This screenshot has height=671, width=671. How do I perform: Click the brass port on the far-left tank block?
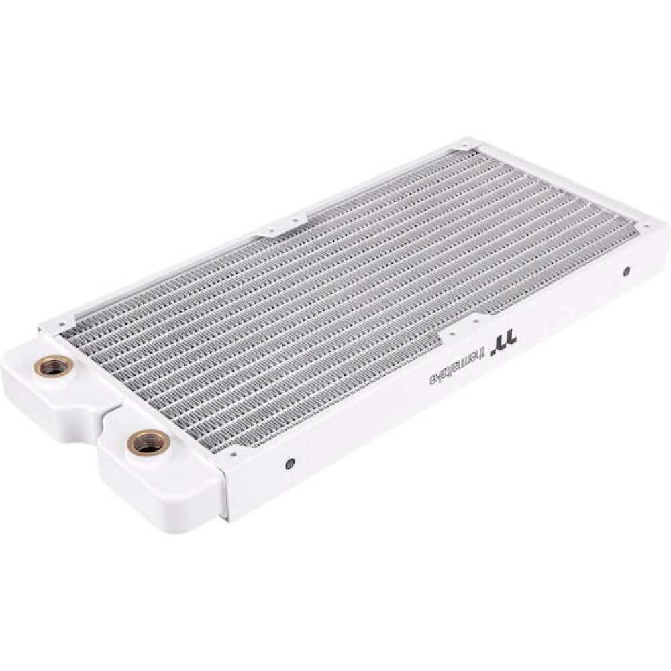pos(54,366)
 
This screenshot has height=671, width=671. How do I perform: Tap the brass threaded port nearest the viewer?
pos(148,442)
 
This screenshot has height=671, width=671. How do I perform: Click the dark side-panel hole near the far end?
pos(626,272)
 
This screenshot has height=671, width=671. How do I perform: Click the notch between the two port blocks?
pos(107,409)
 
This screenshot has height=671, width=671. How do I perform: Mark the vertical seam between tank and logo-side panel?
pos(225,483)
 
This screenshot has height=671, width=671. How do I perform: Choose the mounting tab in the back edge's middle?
pos(282,226)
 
